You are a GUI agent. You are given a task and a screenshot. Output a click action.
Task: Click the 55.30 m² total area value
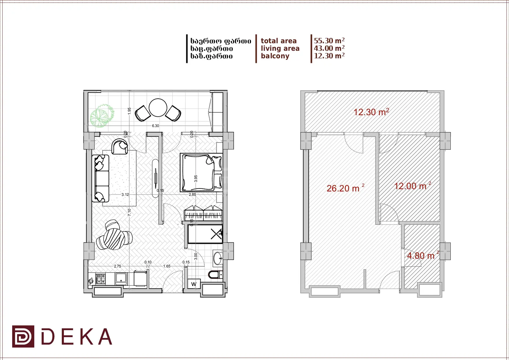pyautogui.click(x=329, y=41)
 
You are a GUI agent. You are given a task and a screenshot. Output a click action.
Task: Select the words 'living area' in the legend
pyautogui.click(x=280, y=48)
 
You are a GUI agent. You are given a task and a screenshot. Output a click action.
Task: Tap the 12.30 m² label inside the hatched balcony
pyautogui.click(x=371, y=112)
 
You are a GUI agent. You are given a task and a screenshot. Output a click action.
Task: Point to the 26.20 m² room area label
pyautogui.click(x=345, y=188)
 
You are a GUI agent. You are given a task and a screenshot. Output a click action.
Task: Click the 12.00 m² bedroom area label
pyautogui.click(x=412, y=186)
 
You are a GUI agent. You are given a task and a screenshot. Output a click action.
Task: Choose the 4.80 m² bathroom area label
pyautogui.click(x=423, y=255)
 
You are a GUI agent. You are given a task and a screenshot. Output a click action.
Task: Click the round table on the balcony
pyautogui.click(x=158, y=108)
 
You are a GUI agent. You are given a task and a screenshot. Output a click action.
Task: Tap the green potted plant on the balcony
pyautogui.click(x=102, y=116)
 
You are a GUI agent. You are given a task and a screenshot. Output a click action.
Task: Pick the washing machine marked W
pyautogui.click(x=194, y=284)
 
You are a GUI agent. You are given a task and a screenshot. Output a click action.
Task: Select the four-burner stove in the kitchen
pyautogui.click(x=100, y=279)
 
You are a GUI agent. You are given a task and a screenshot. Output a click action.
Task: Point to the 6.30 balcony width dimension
pyautogui.click(x=155, y=126)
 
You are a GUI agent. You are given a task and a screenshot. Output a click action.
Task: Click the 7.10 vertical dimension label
pyautogui.click(x=129, y=212)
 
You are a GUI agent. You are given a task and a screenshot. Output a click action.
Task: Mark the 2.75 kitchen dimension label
pyautogui.click(x=117, y=266)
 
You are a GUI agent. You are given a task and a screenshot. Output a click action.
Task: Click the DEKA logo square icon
pyautogui.click(x=23, y=336)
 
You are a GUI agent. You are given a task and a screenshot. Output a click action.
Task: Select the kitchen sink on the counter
pyautogui.click(x=121, y=279)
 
